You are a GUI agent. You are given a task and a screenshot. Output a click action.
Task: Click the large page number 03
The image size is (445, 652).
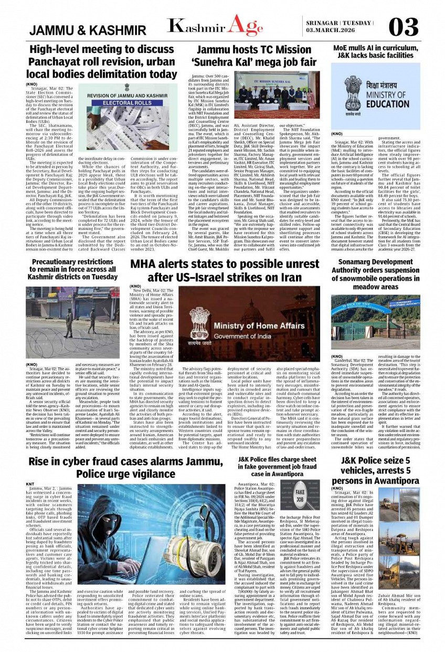[404, 27]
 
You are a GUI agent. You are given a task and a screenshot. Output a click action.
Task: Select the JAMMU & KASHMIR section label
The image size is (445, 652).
[88, 30]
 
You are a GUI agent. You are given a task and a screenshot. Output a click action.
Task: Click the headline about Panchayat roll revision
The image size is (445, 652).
[102, 62]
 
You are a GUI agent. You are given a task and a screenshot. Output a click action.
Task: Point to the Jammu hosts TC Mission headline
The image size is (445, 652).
[257, 56]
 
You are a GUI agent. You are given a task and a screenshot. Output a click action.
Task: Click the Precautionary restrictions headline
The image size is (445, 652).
[73, 269]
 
